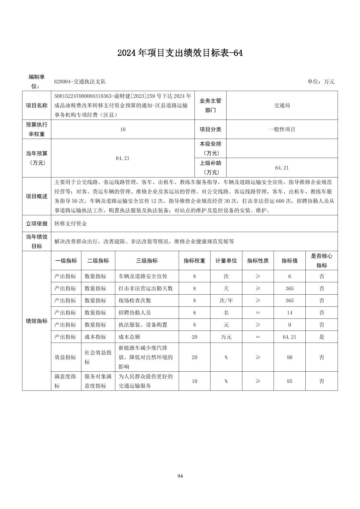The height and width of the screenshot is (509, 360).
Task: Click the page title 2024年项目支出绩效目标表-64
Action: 180,53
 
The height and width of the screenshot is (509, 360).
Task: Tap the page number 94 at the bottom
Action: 180,476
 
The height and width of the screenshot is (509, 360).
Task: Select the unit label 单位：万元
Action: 321,82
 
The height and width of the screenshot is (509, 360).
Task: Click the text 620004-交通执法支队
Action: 80,82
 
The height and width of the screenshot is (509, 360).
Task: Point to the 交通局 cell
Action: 282,105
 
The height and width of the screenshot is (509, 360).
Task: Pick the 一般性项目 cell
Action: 282,129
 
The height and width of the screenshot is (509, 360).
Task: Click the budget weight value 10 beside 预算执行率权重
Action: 123,129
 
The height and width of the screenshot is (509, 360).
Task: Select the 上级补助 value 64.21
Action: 282,167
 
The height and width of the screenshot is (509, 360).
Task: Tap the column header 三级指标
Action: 147,261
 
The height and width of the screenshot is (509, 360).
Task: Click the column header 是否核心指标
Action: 321,261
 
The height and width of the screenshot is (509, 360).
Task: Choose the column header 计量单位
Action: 226,261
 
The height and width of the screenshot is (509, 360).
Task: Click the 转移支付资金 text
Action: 71,223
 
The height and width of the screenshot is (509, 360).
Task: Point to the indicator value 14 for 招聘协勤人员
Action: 289,313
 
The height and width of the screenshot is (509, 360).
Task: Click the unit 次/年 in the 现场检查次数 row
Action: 226,300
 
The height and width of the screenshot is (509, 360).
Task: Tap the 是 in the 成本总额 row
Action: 321,337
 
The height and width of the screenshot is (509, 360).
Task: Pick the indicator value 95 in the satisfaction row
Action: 289,381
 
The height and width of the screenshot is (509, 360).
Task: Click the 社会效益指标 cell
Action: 98,357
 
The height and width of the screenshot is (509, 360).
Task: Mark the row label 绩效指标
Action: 37,321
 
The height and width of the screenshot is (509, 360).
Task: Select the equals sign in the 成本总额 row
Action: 258,337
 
